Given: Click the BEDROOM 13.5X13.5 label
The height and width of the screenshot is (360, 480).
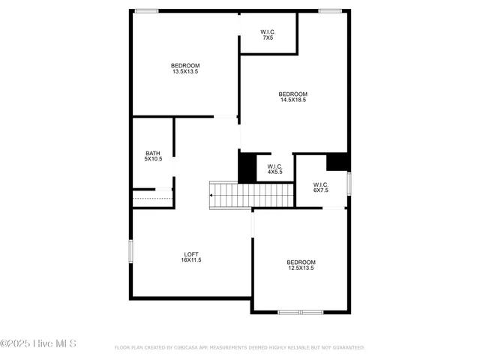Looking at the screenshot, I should [x=185, y=68].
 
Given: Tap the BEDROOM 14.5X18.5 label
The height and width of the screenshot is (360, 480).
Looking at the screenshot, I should [x=293, y=97].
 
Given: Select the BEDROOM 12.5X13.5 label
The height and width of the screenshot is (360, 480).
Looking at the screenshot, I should [x=300, y=265].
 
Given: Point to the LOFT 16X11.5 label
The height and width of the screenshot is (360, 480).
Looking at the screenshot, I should [x=190, y=256].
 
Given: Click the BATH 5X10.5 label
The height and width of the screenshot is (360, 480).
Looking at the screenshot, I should [x=153, y=156].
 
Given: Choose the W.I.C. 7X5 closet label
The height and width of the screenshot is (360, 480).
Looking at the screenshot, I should [x=268, y=34].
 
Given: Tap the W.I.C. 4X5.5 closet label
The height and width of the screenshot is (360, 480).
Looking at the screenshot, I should [x=274, y=169].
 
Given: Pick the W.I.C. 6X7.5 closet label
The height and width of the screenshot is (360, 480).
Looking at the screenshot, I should [x=320, y=187].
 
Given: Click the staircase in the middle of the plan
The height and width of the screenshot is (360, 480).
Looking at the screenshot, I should [x=250, y=195].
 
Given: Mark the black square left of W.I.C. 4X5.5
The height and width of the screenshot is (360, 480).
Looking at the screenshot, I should [x=247, y=167].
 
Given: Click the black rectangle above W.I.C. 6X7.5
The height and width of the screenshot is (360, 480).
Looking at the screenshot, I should [x=337, y=161].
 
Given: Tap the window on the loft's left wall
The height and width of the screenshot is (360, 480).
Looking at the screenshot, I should [x=130, y=251].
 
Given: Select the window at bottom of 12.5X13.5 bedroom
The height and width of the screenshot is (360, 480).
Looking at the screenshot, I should [x=300, y=311].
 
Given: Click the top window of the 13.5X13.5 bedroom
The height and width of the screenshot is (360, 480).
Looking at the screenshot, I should [x=146, y=10].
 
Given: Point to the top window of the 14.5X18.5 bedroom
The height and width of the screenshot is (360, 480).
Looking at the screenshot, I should [x=330, y=10].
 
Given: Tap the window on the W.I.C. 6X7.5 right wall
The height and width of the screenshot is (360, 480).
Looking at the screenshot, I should [x=349, y=184].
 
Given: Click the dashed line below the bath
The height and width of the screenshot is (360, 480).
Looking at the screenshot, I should [x=152, y=199].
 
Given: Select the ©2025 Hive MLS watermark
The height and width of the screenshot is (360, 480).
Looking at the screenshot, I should [x=38, y=344].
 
